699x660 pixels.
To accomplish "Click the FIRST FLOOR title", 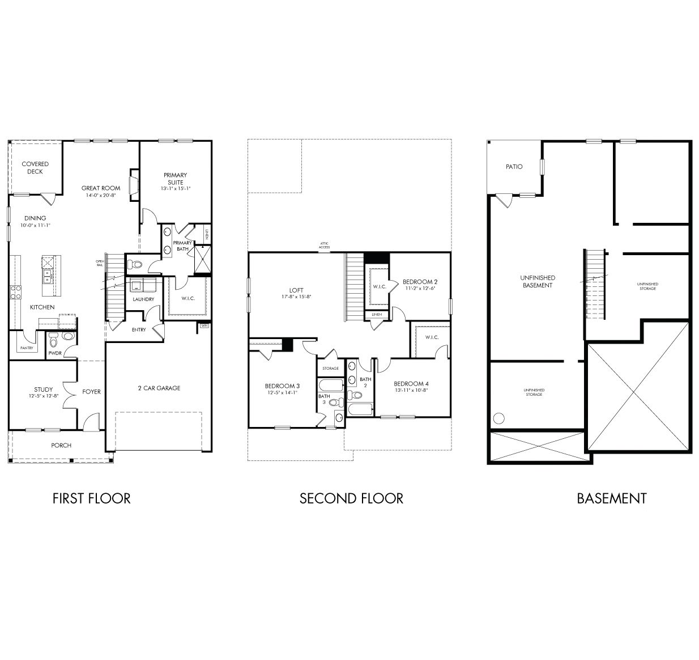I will (x=91, y=498).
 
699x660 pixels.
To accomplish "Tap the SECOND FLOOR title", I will (x=351, y=498).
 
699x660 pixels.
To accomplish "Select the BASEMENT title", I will (x=611, y=498).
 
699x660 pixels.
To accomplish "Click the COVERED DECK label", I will (x=35, y=167).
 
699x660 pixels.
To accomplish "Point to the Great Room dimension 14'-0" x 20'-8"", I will (x=101, y=196).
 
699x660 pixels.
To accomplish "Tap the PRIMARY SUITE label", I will (x=175, y=179).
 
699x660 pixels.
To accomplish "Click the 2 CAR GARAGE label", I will (x=159, y=388).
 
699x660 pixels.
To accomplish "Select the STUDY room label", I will (x=43, y=389).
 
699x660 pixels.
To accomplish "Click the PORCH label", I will (x=61, y=445).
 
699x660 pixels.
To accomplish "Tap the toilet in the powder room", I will (x=53, y=340).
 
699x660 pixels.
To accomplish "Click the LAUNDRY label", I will (x=143, y=299).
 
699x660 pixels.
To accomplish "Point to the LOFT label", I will (x=297, y=290).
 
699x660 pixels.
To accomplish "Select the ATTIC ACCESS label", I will (x=324, y=245).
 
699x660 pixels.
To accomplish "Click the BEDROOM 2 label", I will (x=420, y=281).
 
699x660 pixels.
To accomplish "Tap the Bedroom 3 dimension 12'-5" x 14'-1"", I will (x=282, y=392).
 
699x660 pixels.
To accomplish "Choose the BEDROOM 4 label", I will (x=411, y=383).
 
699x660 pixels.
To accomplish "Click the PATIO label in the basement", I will (x=514, y=167).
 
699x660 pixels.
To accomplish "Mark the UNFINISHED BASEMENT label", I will (x=537, y=281).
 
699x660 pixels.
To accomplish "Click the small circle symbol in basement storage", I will (x=499, y=418).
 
